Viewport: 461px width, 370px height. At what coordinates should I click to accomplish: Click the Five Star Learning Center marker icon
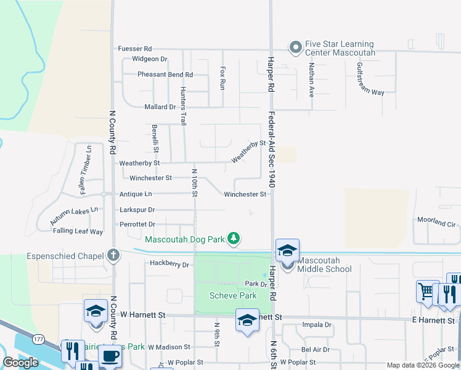[295, 47]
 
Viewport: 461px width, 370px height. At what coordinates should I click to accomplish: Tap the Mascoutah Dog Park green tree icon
[234, 238]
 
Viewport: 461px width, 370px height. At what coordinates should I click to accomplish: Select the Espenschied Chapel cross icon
[113, 255]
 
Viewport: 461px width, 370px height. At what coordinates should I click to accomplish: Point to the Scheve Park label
[232, 296]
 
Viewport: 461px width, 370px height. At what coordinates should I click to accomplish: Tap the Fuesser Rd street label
[135, 48]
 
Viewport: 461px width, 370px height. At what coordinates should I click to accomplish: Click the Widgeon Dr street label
[149, 59]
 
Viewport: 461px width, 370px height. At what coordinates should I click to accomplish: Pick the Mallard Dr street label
[160, 107]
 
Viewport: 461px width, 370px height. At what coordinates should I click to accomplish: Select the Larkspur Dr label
[137, 210]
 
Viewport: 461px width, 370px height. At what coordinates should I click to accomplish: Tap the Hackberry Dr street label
[169, 264]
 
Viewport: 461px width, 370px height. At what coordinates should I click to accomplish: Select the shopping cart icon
[426, 290]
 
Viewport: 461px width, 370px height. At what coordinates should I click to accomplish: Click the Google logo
[21, 363]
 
